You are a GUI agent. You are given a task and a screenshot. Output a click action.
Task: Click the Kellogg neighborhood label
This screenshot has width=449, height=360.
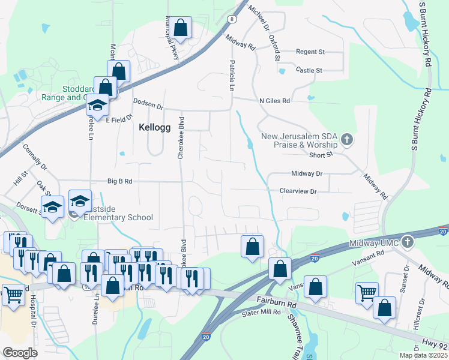coord(155,127)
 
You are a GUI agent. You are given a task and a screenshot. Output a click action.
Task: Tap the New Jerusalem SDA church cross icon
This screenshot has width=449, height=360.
coord(346,140)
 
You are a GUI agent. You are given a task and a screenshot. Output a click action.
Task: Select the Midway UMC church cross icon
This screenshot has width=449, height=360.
coord(408,242)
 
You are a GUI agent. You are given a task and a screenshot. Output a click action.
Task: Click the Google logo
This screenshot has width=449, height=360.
coord(20,353)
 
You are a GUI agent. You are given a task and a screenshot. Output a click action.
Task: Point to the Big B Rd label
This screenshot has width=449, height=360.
coord(119,180)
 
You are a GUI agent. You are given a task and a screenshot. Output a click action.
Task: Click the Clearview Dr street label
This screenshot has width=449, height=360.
coord(297,191)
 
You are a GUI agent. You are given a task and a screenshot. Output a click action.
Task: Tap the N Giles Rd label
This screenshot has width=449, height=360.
coord(274,101)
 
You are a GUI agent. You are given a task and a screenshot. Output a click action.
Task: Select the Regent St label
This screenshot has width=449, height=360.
coord(310,52)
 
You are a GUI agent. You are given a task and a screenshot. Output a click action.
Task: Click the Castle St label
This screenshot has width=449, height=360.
coord(309,70)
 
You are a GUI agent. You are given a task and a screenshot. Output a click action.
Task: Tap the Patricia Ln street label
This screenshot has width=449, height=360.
coord(231,75)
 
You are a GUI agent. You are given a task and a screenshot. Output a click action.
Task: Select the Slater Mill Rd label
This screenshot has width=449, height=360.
coord(262,312)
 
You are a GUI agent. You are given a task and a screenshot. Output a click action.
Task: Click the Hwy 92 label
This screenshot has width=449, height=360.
coord(435,346)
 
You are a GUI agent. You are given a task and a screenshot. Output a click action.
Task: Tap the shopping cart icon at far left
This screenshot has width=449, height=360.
coord(13,295)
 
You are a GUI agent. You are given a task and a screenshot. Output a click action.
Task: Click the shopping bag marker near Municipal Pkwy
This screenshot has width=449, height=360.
coord(180,28)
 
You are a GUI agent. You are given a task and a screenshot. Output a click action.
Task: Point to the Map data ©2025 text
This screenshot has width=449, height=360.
coord(423,355)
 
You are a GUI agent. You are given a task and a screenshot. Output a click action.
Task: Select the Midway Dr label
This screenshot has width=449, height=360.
coord(307,173)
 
